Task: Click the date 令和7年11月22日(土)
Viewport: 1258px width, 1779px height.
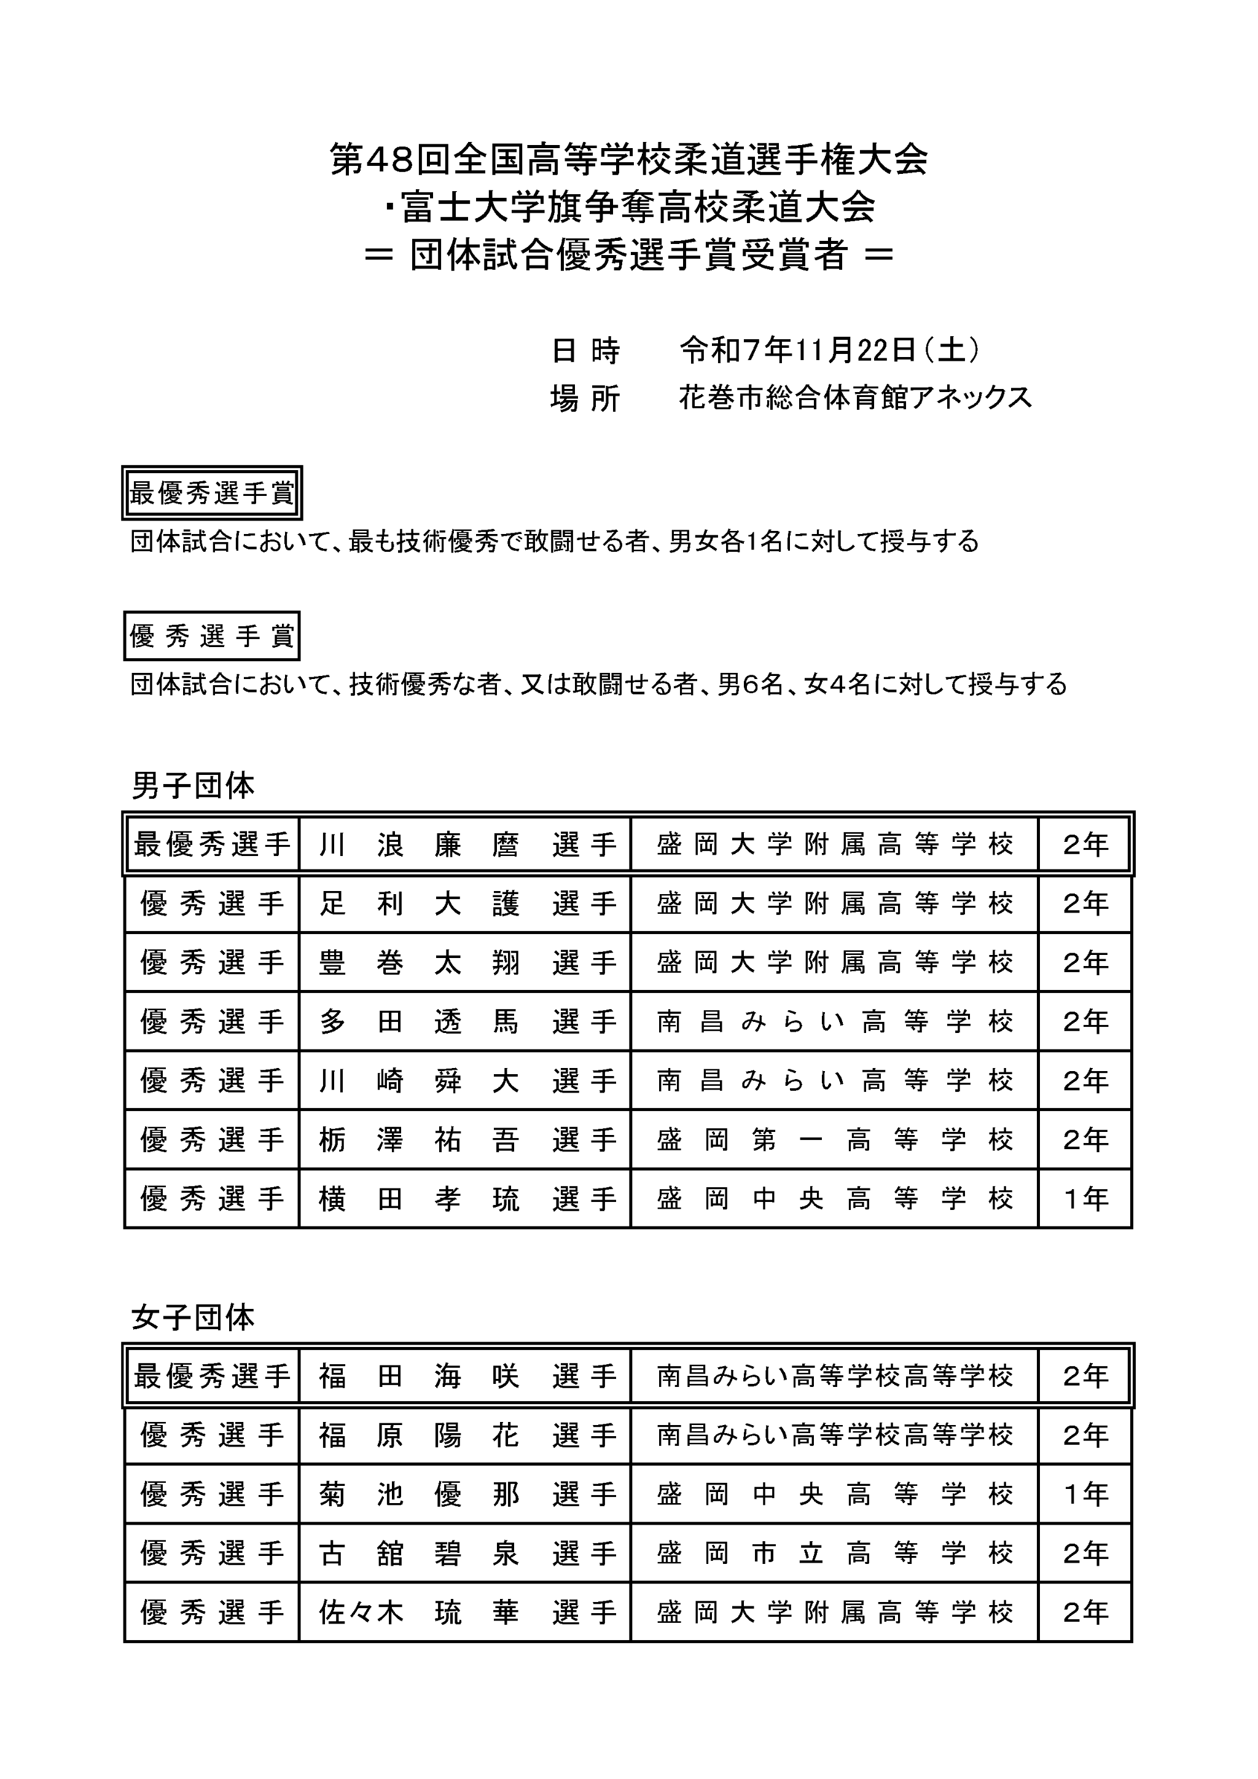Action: [830, 350]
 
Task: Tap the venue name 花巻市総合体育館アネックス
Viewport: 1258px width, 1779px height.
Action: [855, 398]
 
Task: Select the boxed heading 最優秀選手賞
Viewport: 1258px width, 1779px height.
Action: [211, 493]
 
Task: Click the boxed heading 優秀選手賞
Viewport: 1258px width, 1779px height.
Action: [211, 636]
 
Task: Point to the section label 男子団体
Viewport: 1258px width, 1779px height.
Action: [193, 786]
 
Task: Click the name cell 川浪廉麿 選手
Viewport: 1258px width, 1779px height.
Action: [466, 844]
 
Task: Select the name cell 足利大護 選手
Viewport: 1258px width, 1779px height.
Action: [466, 903]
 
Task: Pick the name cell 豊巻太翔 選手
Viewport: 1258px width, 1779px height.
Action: [466, 962]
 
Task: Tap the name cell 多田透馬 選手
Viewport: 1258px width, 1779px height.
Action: [466, 1022]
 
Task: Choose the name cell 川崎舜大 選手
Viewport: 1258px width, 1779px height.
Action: [466, 1080]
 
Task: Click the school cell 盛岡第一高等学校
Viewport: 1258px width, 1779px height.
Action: [834, 1140]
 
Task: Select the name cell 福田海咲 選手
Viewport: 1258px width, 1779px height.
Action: [466, 1376]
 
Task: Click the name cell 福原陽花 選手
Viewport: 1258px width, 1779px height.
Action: [466, 1435]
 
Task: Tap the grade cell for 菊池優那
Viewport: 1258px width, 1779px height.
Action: [1085, 1494]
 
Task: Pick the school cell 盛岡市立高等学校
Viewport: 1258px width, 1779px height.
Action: [834, 1553]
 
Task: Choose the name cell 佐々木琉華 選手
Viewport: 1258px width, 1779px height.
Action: [466, 1612]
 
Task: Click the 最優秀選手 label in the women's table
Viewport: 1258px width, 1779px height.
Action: [211, 1376]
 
